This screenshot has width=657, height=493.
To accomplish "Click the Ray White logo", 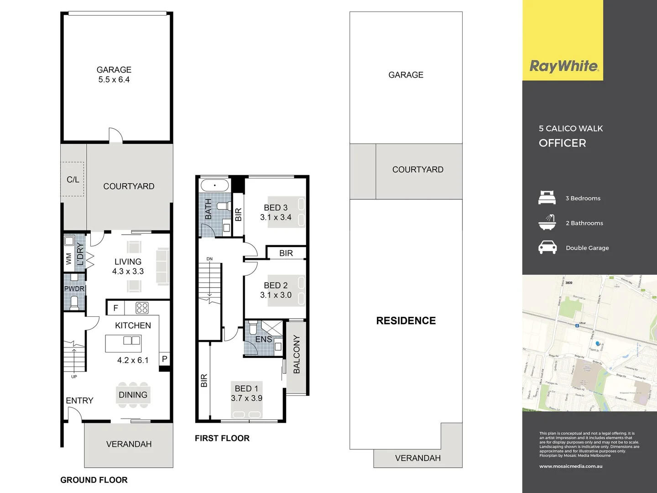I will pos(563,66).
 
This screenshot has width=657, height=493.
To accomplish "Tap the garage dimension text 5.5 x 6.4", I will pos(114,80).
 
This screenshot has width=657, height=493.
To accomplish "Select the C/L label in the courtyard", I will pos(73,180).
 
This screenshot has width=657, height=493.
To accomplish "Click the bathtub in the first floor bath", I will pos(214,186).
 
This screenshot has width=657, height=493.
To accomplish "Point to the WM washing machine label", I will pos(69,259).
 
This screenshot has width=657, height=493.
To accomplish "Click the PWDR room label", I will pos(74,288).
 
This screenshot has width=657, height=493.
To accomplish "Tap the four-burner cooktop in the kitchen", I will pos(142,308).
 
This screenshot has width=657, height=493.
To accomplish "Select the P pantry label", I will pos(164,359).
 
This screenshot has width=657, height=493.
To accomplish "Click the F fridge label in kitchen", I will pos(115,308).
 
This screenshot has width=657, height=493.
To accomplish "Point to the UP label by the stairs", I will pos(74,377).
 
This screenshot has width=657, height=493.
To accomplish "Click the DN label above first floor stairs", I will pos(209,259).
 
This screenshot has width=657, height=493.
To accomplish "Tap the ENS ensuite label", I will pos(263,340).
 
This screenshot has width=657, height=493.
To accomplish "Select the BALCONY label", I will pos(297,354).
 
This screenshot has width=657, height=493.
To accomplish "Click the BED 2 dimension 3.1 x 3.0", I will pos(276,295).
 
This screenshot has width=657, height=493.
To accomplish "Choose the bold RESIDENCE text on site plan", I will pos(406,320).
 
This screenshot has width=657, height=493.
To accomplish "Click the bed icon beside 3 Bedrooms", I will pos(547,198).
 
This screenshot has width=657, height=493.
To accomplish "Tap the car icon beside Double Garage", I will pos(547,247).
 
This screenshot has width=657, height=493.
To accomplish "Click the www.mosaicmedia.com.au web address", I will pos(571,466).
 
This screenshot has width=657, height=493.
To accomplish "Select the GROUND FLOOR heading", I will pos(94,480).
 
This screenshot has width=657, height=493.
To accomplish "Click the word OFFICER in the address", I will pos(562,143).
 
